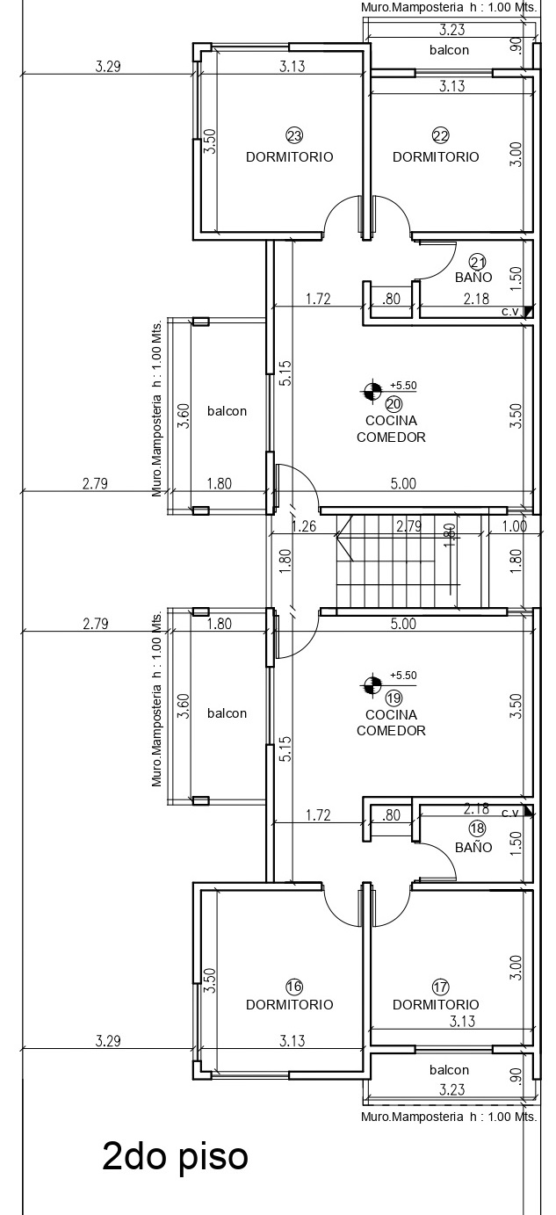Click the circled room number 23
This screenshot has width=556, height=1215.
click(294, 135)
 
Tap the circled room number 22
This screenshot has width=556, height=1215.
click(440, 135)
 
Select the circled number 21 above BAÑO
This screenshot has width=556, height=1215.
click(477, 263)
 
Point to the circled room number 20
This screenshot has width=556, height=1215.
click(394, 404)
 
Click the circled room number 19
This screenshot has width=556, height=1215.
click(394, 698)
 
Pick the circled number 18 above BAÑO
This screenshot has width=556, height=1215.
click(477, 828)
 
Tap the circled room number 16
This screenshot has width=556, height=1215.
click(294, 987)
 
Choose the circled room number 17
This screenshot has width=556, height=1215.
click(440, 987)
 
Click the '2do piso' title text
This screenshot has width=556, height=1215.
click(175, 1157)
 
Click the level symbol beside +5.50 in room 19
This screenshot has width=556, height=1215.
click(372, 684)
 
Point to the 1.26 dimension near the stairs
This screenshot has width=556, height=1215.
click(304, 526)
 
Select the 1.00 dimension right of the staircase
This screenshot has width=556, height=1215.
click(514, 525)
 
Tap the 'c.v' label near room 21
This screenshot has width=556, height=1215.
click(510, 312)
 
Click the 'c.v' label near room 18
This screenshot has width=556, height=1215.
click(510, 813)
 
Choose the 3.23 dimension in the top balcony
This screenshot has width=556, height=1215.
click(451, 30)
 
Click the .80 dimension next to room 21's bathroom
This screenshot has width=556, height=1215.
click(391, 299)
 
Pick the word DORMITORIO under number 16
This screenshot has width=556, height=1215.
click(290, 1004)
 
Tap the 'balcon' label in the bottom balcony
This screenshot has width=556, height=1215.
click(449, 1070)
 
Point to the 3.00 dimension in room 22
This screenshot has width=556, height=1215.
click(516, 154)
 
